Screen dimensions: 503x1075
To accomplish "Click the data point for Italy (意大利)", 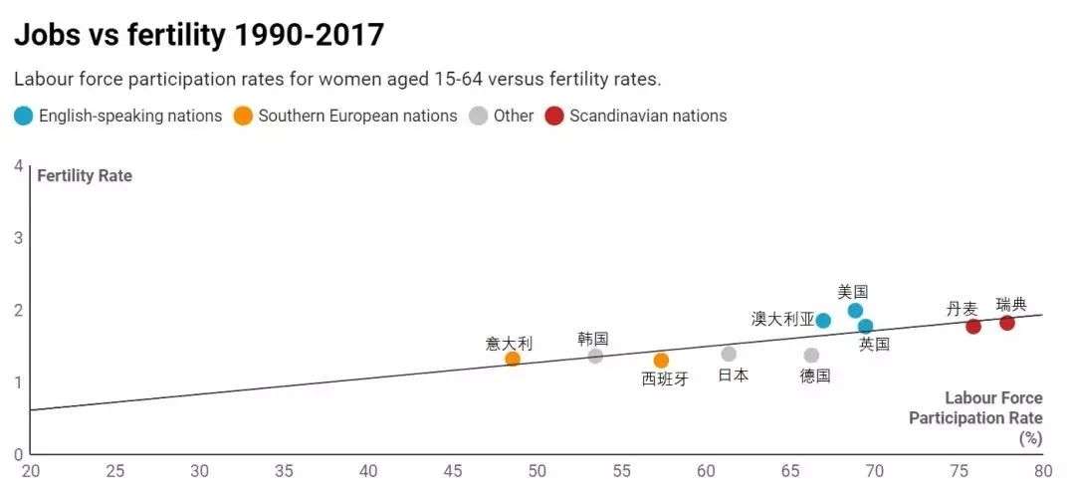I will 513,359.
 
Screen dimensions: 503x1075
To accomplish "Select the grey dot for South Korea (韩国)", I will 595,356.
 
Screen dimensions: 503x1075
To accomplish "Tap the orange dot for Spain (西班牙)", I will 661,360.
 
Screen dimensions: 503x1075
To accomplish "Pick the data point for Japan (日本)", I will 729,354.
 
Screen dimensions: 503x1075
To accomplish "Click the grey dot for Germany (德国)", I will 811,356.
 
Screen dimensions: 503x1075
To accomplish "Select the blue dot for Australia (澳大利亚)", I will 823,320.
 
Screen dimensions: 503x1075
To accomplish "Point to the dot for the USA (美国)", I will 855,311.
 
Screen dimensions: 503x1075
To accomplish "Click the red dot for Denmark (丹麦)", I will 973,326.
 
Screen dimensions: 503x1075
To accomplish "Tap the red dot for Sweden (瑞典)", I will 1006,323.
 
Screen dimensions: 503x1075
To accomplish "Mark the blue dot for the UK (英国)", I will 865,326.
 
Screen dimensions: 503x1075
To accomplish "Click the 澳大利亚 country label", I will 782,319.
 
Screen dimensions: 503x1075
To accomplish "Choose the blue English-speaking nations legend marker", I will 23,116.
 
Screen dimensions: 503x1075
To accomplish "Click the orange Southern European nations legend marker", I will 243,116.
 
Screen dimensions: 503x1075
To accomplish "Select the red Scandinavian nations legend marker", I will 553,116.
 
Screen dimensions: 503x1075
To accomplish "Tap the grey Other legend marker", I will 479,116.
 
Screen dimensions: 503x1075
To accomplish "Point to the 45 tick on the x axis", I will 453,470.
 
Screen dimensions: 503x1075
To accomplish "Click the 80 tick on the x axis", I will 1042,470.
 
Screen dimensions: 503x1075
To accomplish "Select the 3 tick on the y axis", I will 18,237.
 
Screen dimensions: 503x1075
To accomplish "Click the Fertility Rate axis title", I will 85,176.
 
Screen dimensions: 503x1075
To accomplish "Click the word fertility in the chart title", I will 169,35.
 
